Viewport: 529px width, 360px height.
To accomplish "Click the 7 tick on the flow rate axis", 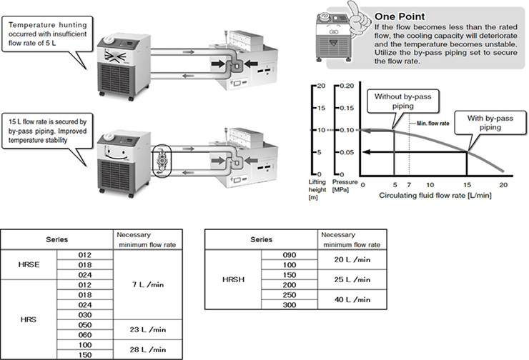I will (408, 184).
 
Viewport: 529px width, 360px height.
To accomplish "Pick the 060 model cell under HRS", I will (84, 334).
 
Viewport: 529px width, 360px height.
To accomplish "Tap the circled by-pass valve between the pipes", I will (163, 160).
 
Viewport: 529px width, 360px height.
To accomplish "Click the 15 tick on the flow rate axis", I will (466, 184).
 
